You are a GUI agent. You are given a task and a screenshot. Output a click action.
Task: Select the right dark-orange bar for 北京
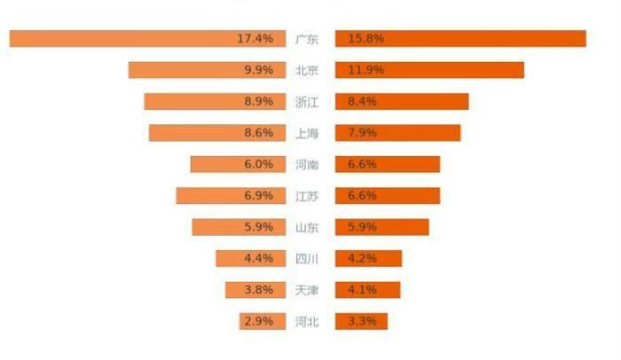pos(429,70)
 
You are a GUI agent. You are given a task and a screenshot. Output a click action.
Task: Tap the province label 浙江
pos(307,102)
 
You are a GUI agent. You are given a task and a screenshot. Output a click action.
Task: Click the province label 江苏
pos(307,196)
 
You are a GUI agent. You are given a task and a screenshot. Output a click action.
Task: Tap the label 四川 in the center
pos(307,259)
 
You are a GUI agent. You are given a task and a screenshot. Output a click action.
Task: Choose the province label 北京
pos(307,70)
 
